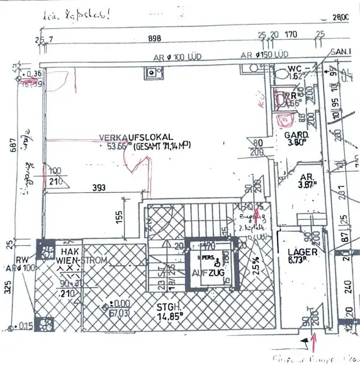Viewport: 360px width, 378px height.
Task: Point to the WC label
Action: click(296, 67)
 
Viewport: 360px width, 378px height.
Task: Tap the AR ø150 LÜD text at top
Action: click(267, 55)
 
